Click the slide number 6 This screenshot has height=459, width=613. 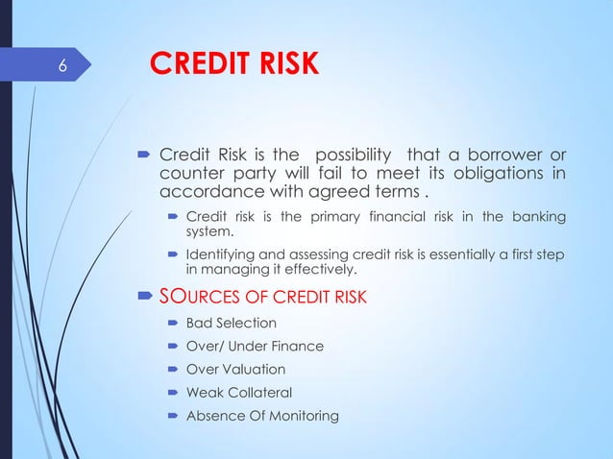(61, 66)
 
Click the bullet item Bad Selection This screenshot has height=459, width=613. (230, 323)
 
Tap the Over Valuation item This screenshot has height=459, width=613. (235, 369)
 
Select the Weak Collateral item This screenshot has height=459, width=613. (238, 392)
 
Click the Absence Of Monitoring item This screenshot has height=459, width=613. (261, 415)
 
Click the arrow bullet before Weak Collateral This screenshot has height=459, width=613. (174, 392)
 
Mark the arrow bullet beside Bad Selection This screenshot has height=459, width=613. (174, 323)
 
